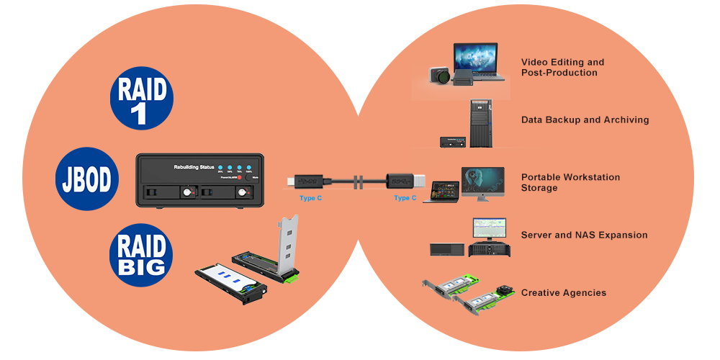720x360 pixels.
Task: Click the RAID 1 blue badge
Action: (142, 100)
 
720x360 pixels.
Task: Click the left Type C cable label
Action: (311, 197)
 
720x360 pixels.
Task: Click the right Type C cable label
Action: (405, 197)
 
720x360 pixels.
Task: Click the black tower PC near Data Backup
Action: (480, 123)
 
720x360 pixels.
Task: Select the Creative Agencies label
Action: (563, 293)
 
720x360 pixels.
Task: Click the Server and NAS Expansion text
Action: (584, 235)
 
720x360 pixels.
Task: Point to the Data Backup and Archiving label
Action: (585, 120)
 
